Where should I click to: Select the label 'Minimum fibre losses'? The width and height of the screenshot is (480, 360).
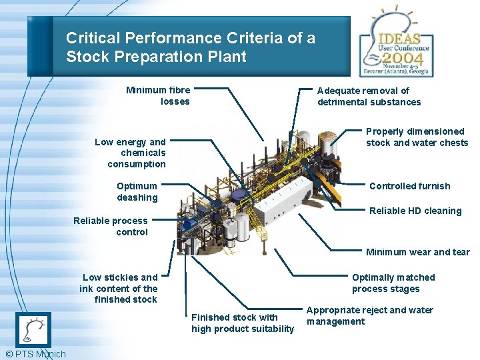point(159,96)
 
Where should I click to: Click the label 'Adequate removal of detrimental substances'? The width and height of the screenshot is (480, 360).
point(369,96)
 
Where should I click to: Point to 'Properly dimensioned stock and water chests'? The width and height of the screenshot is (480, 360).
point(417,137)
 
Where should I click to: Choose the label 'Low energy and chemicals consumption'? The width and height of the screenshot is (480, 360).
point(131,153)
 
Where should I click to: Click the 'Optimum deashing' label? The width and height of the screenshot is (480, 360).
point(137,192)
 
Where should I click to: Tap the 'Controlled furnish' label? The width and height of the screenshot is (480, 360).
point(409,186)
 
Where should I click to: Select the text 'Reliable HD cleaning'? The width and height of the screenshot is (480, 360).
point(415,211)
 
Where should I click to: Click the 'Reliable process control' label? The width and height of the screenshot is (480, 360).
point(111,227)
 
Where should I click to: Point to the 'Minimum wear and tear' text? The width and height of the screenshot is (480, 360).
point(417,252)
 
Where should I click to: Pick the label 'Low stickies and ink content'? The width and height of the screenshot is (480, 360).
point(119,288)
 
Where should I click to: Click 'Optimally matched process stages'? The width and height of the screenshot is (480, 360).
point(393,283)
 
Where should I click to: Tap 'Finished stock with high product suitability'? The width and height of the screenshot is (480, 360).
point(242,323)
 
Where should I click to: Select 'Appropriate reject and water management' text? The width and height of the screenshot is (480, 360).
point(369,316)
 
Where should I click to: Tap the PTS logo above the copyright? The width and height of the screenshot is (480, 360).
point(33,329)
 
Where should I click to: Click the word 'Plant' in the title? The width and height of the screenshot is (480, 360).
point(227,57)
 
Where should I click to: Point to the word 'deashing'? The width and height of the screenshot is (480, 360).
point(137,197)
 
